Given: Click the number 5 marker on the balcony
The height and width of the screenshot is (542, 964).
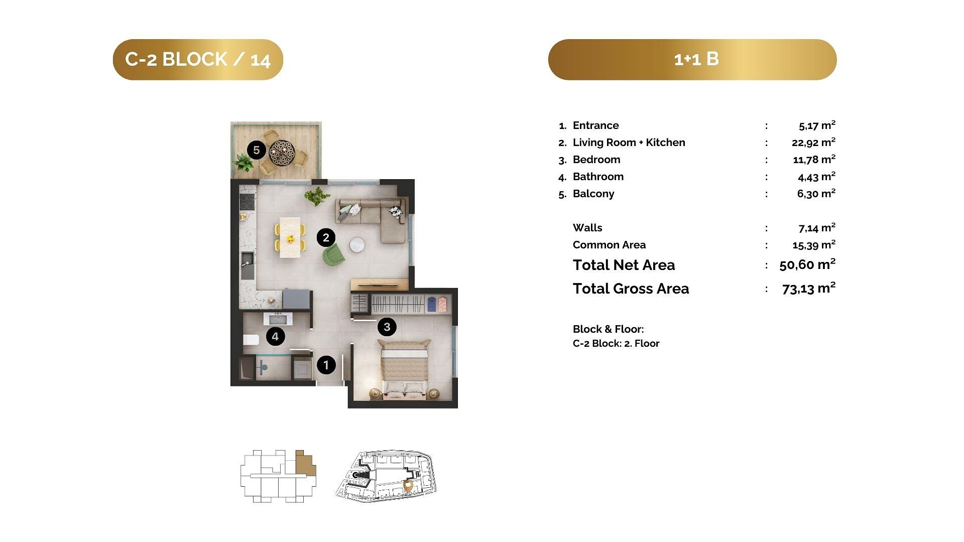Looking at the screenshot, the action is pos(257,150).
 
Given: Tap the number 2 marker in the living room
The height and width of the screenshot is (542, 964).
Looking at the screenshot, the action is pos(326,237).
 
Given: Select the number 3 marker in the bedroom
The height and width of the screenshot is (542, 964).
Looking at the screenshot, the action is pos(387,327).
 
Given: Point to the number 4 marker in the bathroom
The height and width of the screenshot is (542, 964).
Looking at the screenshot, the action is pos(275,336).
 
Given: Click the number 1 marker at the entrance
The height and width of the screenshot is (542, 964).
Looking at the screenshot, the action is pos(326,365).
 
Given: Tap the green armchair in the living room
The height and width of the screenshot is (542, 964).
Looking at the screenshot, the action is pos(334,254).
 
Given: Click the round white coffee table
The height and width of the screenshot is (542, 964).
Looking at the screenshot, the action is pos(357,244).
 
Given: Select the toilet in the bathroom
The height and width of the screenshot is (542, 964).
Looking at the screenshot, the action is pos(251,340).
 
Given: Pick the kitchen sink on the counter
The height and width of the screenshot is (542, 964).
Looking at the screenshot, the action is pos(247,265).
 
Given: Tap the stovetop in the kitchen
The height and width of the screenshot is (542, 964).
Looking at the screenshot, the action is pos(247,202).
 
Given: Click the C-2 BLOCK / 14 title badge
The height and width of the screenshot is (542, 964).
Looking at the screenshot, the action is pos(198,60).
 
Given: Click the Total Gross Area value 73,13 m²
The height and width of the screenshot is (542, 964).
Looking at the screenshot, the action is pos(809,288).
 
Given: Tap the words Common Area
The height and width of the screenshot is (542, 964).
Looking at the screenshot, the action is pos(609,245).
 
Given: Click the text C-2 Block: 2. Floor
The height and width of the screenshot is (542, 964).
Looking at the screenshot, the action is pos(616,343).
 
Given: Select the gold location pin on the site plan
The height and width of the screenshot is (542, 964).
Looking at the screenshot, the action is pos(408,485).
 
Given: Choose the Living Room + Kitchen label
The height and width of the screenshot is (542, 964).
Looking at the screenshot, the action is pos(629,143).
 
